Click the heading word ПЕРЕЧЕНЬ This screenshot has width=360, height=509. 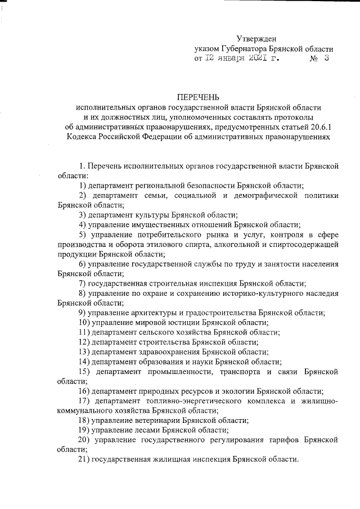pyautogui.click(x=200, y=97)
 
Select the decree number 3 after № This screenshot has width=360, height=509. pyautogui.click(x=326, y=57)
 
